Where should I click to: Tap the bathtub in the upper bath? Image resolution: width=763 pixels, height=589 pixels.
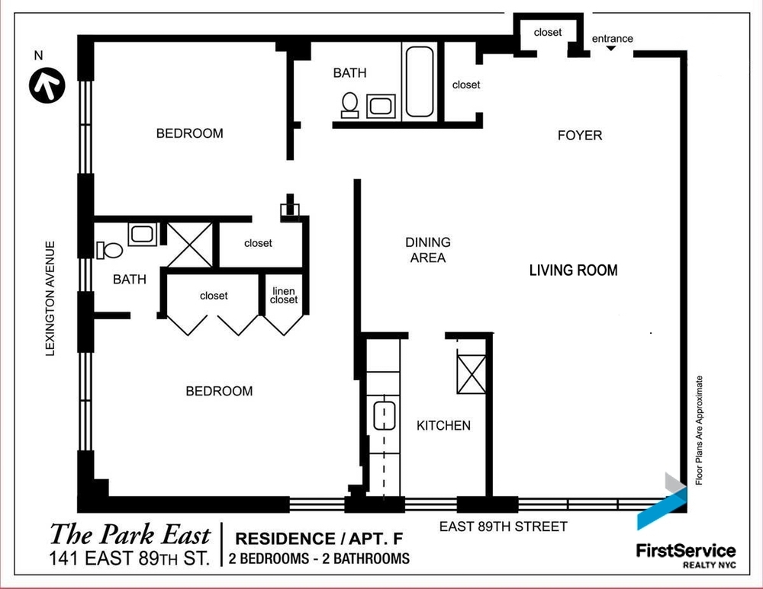419,82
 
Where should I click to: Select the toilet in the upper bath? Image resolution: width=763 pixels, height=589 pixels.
350,104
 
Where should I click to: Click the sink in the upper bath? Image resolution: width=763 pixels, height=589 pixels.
380,105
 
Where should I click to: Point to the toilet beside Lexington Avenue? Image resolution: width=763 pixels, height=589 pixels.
108,250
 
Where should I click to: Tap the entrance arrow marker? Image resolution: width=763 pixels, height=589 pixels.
611,50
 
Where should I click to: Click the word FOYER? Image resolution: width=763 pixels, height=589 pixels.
580,136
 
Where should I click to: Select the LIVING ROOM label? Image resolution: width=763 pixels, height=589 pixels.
573,270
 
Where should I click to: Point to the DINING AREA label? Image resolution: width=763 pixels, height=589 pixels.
427,250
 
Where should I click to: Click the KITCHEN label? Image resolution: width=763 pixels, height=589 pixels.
443,425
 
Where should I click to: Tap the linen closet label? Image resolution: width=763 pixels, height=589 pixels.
284,296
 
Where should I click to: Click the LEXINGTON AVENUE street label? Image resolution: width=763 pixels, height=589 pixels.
50,298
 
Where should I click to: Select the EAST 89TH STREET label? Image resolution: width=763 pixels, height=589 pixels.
503,527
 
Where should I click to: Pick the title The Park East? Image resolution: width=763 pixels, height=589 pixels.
130,533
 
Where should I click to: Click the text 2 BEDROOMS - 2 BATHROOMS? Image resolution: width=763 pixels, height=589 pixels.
319,559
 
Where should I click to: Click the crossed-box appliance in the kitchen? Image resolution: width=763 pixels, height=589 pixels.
471,374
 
